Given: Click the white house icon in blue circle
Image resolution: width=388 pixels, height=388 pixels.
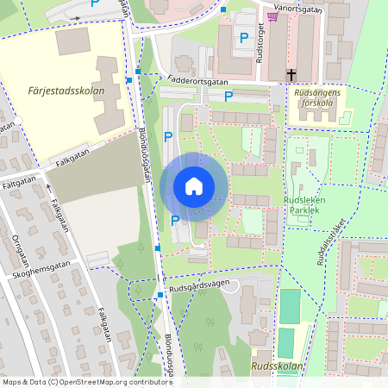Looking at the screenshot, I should click(x=194, y=185).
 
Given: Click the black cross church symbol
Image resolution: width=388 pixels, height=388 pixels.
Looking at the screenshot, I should click(x=292, y=75).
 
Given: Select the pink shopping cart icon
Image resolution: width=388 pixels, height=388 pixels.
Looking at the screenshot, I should click(x=272, y=16).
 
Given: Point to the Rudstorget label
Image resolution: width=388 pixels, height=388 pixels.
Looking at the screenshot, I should click(x=259, y=47).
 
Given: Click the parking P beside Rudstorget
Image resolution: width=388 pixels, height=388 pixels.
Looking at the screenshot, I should click(x=244, y=37).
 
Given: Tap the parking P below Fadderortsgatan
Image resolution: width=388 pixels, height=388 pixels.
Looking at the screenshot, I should click(x=228, y=97).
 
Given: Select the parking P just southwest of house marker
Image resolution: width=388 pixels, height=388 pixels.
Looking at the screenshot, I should click(x=175, y=221).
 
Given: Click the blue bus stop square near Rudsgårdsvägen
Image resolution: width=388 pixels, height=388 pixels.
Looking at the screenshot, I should click(x=160, y=296).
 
